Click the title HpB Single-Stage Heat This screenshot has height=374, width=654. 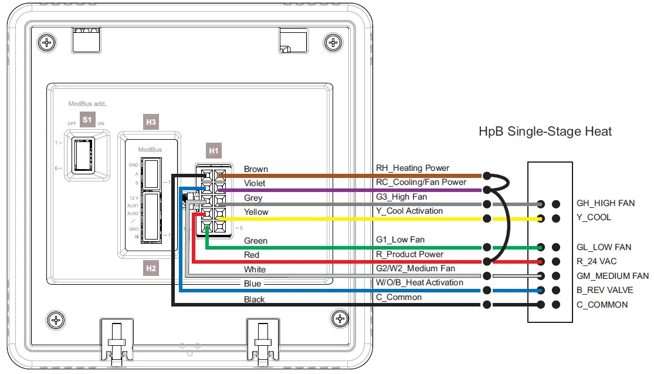545,131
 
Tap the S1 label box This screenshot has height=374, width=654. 87,119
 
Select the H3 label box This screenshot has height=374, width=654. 151,122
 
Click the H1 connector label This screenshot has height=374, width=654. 214,151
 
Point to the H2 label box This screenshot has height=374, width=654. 151,268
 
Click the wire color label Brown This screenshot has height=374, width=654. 256,169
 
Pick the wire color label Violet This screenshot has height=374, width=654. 255,183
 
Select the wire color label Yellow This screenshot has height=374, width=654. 256,212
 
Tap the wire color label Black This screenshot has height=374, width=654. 255,299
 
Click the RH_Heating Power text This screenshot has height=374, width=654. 413,168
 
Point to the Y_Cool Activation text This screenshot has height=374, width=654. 409,211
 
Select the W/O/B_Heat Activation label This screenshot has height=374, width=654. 419,282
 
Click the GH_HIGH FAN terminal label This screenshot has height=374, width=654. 606,203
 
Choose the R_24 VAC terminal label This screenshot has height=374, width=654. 597,261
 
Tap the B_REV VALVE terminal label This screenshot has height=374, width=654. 605,290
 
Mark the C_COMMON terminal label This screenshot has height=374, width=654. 602,305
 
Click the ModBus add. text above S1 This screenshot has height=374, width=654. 87,103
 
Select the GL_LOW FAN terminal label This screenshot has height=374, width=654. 604,247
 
